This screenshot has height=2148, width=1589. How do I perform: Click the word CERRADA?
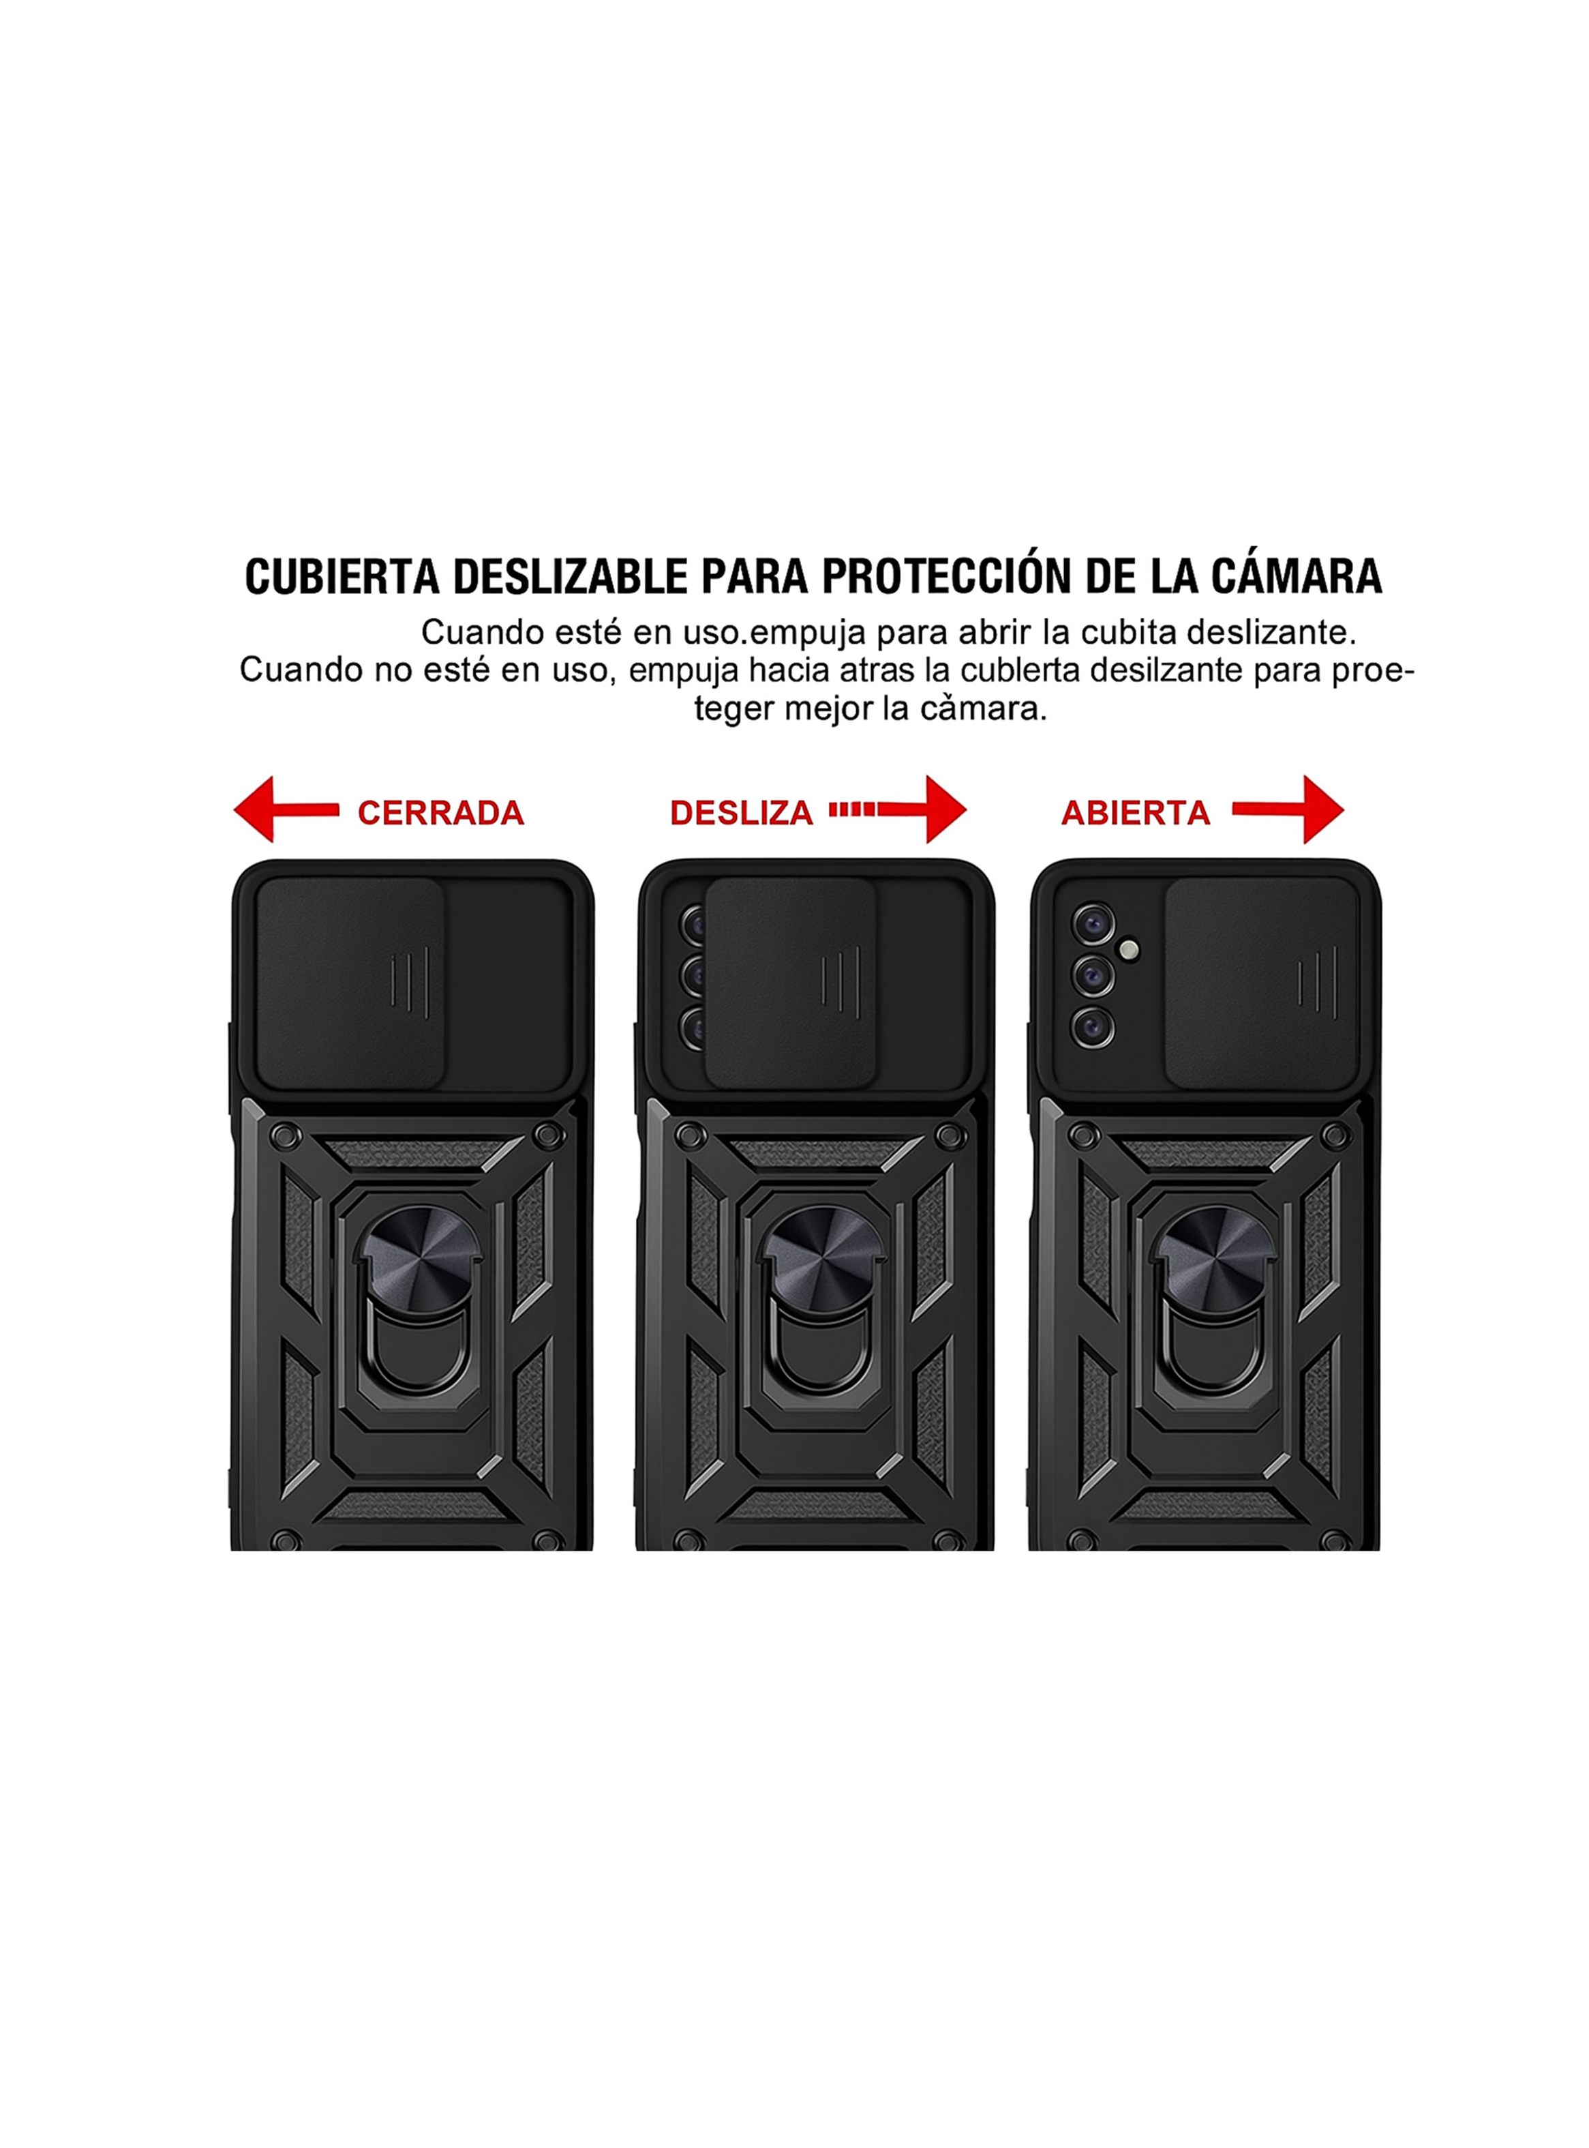pos(440,813)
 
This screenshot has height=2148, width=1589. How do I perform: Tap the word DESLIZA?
pos(740,813)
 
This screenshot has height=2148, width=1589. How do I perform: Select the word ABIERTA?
pos(1135,813)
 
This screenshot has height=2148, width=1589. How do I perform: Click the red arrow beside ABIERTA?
pos(1294,810)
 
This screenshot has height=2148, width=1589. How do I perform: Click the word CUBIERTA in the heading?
pos(342,576)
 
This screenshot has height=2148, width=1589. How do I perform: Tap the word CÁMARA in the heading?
pos(1296,576)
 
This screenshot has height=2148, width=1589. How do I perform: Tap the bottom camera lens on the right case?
pos(1093,1028)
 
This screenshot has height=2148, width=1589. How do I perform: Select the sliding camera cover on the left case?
pos(350,981)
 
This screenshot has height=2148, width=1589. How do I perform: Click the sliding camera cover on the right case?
pos(1260,981)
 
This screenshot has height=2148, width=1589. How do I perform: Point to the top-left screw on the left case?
pos(284,1136)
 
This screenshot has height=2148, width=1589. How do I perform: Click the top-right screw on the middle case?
pos(950,1136)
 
